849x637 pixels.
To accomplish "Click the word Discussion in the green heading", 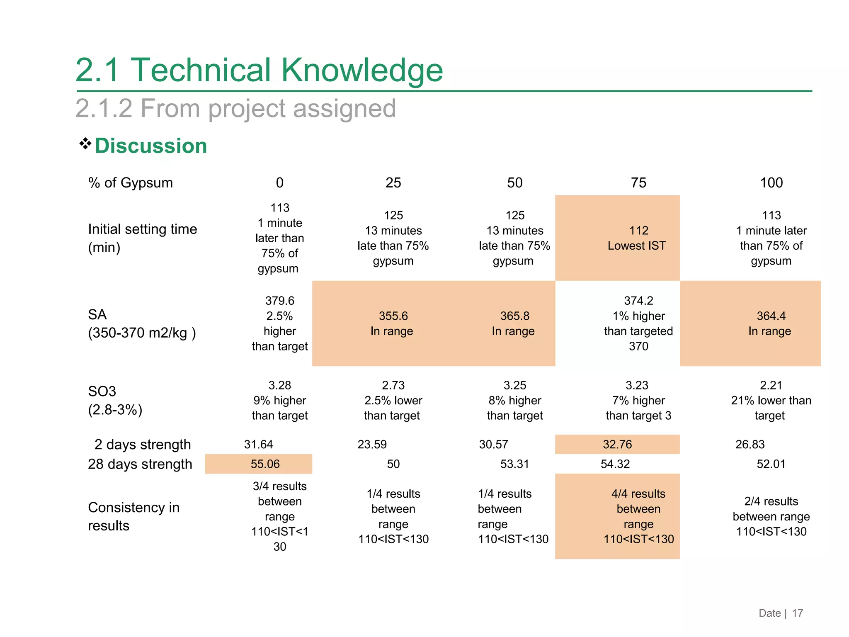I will pos(151,146).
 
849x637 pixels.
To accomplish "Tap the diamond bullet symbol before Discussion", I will pos(85,143).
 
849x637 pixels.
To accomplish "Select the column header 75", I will pos(638,183).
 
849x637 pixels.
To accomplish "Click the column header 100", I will pos(771,183).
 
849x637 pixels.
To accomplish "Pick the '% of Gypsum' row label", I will pos(130,183).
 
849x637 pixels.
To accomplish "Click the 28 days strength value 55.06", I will pos(265,464).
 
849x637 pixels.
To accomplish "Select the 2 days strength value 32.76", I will pos(617,445).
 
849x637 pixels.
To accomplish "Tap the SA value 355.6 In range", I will pos(393,323).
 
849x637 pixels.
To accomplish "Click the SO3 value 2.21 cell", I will pos(771,401).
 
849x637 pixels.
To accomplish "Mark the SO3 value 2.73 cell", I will pos(393,401).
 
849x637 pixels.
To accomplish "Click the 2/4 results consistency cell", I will pos(771,516).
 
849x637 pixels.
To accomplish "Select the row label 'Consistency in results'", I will pos(133,516).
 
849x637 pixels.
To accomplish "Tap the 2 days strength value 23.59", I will pos(372,445).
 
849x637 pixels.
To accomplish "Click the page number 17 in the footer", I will pos(797,613).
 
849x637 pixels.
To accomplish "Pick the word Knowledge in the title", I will pos(362,70).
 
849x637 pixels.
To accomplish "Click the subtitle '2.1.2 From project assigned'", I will pos(235,109).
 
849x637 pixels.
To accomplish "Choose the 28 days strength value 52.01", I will pos(771,464).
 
